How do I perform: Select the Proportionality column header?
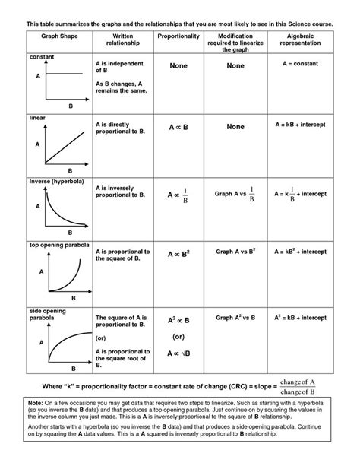(x=178, y=36)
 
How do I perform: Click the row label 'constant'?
(x=43, y=57)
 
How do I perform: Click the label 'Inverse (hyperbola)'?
(x=56, y=182)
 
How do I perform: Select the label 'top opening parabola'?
(x=59, y=245)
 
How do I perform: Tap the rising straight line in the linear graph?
(x=71, y=147)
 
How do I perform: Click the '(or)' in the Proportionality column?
(x=178, y=335)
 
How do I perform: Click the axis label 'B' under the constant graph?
(x=70, y=107)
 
